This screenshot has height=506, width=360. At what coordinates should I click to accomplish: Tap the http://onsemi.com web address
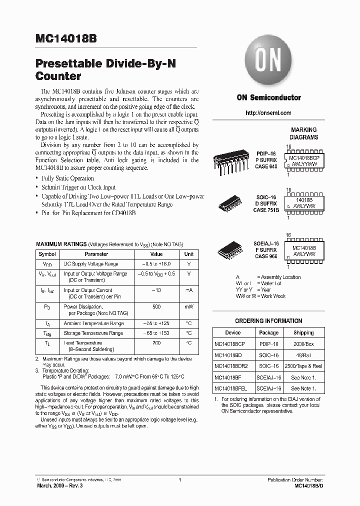point(268,113)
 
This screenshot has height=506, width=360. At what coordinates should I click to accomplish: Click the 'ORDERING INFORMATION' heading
point(268,321)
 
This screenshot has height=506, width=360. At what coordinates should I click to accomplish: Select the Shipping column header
point(303,332)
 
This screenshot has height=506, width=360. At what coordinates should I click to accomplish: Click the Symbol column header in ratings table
point(47,254)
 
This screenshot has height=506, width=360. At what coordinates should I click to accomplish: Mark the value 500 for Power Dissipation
point(156,306)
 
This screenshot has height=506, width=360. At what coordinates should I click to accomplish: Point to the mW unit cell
point(189,306)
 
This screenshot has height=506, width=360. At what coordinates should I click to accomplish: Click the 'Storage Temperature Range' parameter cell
point(93,333)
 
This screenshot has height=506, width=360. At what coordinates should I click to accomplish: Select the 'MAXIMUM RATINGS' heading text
point(61,244)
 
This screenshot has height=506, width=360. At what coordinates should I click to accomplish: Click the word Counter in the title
point(58,76)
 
